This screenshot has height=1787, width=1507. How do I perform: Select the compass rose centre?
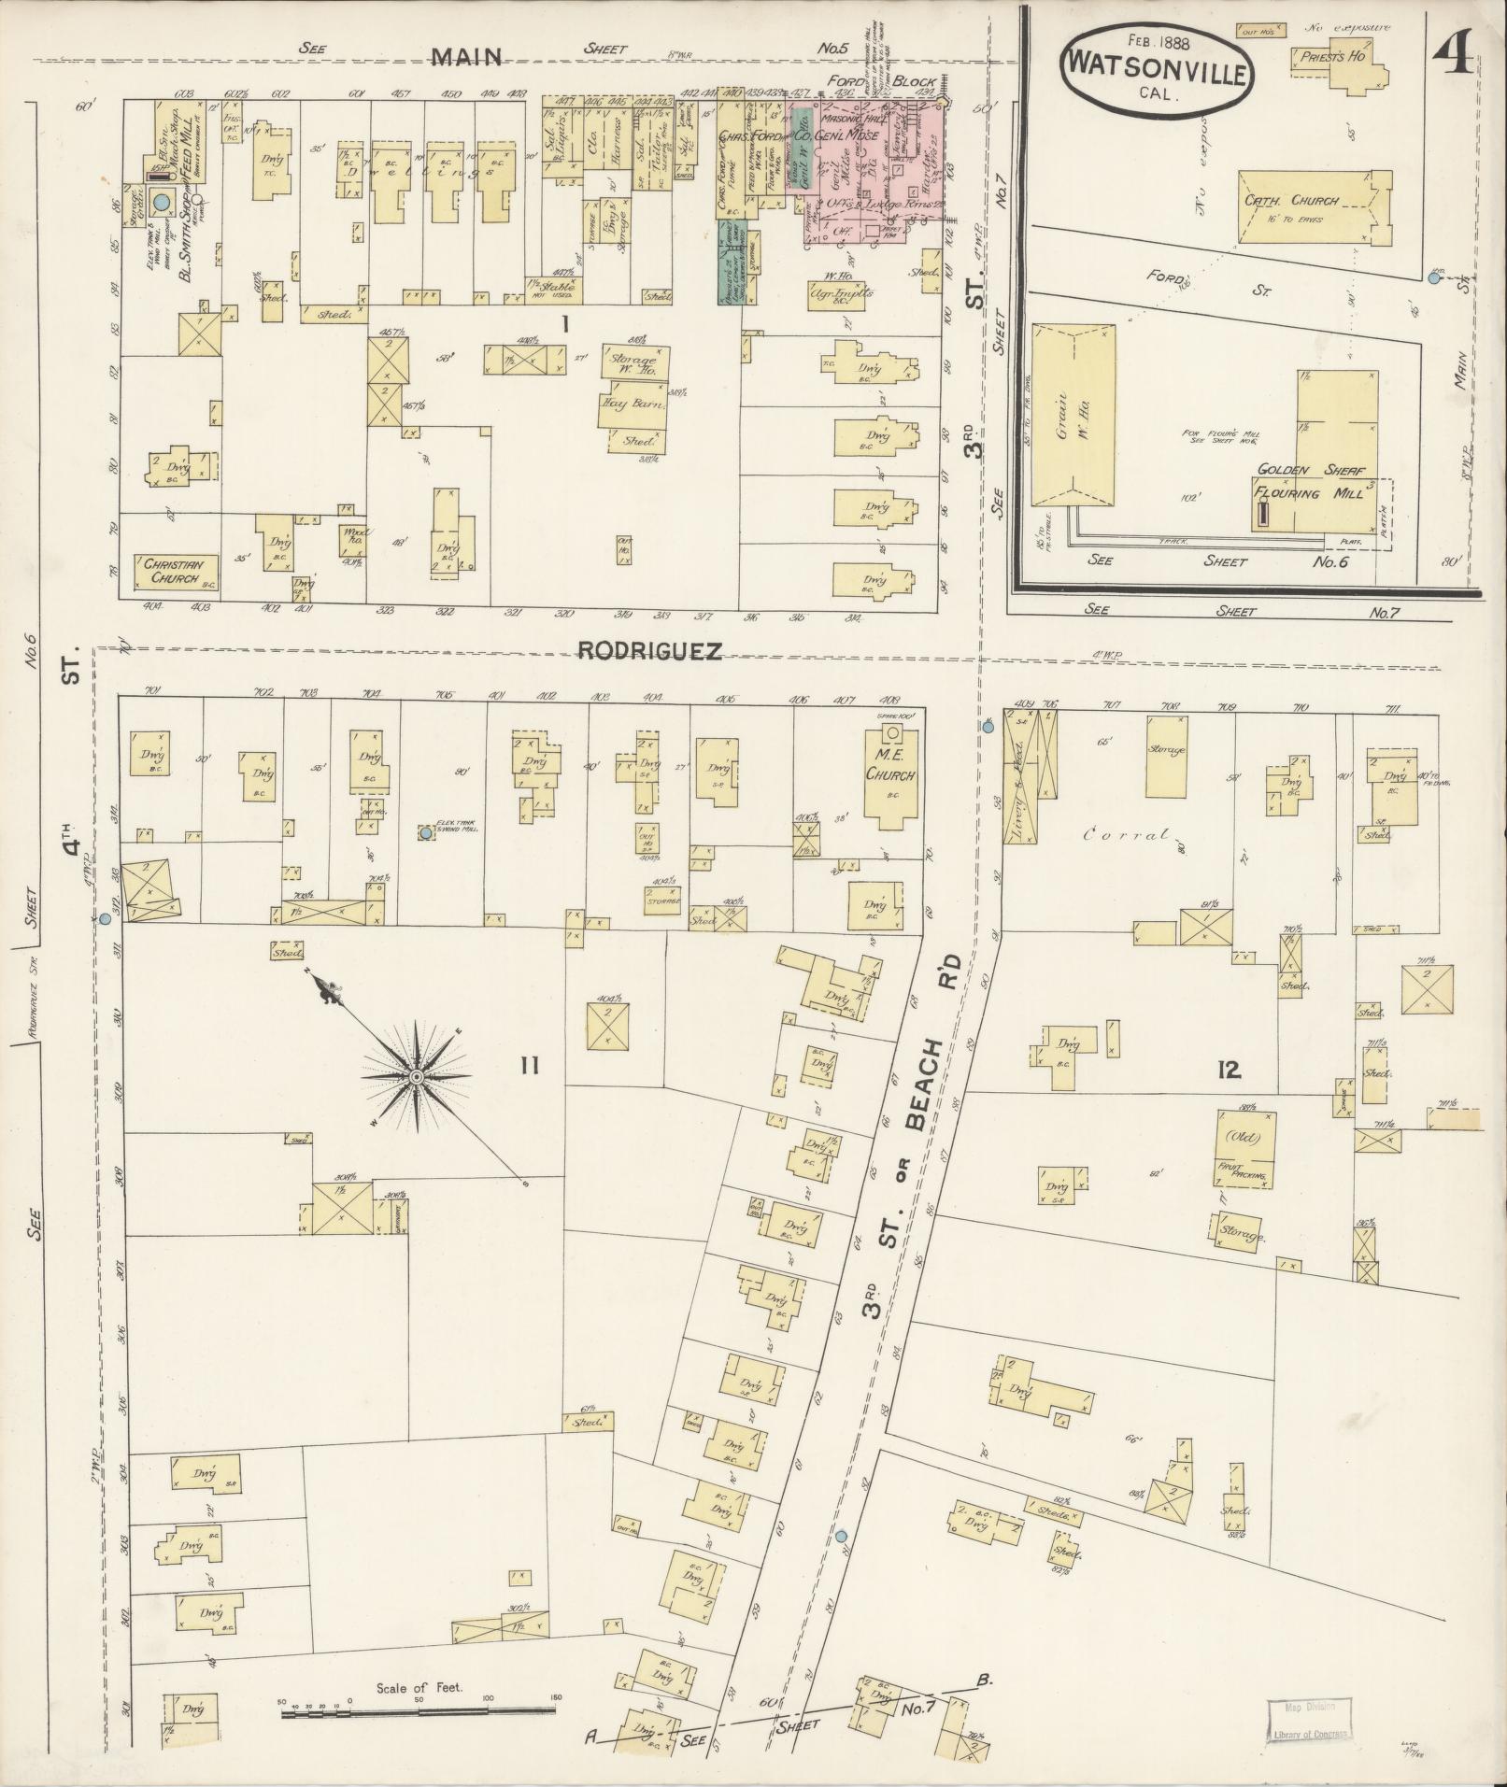416,1077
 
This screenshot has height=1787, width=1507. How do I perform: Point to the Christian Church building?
178,571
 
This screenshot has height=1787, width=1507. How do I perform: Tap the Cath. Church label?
1292,200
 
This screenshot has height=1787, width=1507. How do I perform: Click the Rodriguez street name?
650,651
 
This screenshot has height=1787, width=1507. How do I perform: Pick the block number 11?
529,1065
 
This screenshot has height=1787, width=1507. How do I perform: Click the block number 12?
1229,1072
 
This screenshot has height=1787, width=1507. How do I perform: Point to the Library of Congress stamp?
1308,1719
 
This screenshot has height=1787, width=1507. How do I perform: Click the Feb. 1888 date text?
1156,40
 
